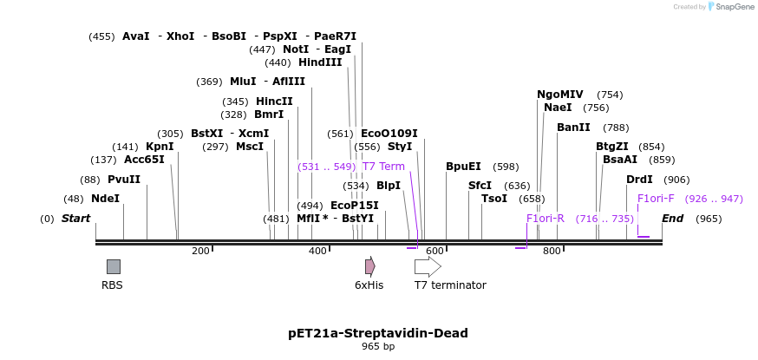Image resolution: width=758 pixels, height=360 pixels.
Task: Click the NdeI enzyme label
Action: coord(105,199)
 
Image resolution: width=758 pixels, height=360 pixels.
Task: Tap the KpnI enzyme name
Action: coord(160,147)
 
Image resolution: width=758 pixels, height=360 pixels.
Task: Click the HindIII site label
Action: coord(320,62)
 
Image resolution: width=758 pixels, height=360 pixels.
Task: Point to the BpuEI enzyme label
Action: coord(463,167)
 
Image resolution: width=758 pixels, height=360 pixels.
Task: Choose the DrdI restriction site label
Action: coord(639,180)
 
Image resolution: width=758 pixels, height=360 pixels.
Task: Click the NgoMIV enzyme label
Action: coord(560,95)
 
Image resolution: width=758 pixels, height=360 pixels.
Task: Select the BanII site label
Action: coord(573,128)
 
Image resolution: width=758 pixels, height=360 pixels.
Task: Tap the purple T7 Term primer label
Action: coord(383,167)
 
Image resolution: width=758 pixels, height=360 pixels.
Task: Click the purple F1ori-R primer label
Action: coord(546,219)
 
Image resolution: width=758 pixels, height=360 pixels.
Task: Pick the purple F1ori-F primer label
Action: coord(656,199)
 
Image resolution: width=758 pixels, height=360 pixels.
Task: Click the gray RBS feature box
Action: coord(114,266)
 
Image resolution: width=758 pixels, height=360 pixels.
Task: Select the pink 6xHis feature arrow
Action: coord(369,266)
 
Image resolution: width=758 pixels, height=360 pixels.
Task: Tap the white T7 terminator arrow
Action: coord(428,266)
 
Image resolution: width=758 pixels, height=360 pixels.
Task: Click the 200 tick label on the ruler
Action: coord(200,252)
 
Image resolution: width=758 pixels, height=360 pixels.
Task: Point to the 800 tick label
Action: coord(552,252)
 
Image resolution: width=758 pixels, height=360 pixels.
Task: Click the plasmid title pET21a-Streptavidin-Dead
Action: coord(378,333)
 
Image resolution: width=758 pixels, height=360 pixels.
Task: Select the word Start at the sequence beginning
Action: coord(75,219)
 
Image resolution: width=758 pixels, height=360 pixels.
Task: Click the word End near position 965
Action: coord(673,219)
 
